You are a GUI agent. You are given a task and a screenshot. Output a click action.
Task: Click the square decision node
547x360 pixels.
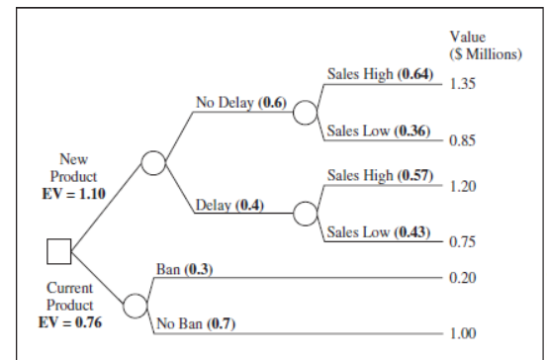59,252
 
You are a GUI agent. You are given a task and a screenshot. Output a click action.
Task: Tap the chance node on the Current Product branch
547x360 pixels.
136,300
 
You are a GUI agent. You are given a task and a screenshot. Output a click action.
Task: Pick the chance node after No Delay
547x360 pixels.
305,112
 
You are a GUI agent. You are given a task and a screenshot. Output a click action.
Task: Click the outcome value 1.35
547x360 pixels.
463,84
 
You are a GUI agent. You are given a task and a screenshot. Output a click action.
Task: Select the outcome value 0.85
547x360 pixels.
463,139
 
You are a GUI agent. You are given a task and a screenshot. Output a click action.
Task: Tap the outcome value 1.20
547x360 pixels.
463,186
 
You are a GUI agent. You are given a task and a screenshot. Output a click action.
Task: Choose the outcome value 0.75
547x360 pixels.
463,241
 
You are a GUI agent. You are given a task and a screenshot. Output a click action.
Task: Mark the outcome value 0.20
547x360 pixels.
463,278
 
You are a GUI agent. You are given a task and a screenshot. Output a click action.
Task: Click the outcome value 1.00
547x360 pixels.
463,333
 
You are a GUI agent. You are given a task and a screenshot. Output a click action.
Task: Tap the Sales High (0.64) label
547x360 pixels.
380,75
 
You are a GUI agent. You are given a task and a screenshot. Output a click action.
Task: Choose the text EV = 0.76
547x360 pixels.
69,321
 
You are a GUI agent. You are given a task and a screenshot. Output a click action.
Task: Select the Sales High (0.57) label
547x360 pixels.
380,176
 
